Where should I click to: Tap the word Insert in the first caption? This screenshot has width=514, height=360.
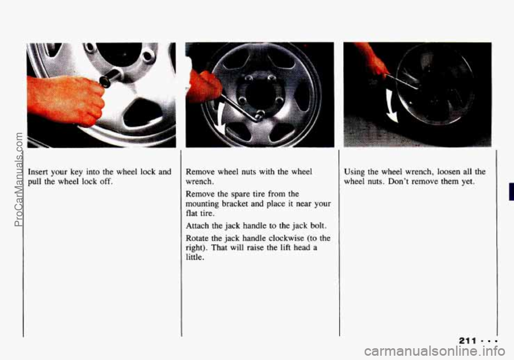pos(37,172)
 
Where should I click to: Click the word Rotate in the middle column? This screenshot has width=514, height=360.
pos(197,238)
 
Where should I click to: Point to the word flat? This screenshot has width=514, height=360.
pos(192,213)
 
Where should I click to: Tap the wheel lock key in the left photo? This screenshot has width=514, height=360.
pos(110,78)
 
